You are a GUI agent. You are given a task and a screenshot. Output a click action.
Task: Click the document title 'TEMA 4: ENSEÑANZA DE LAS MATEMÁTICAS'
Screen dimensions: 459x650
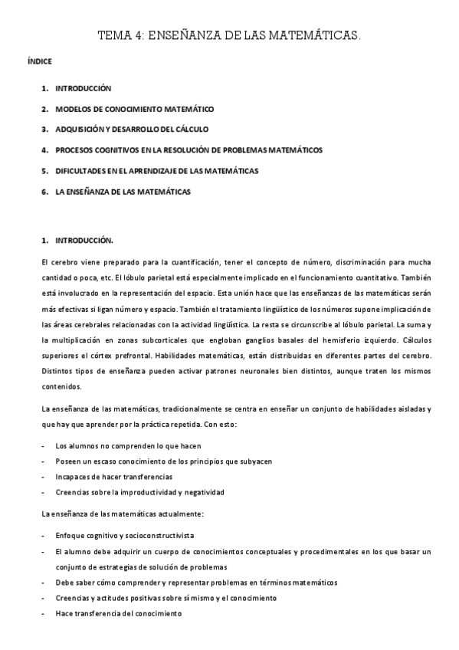[229, 35]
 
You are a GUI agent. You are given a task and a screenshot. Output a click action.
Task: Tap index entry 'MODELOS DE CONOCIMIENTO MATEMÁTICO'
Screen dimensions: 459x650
[134, 110]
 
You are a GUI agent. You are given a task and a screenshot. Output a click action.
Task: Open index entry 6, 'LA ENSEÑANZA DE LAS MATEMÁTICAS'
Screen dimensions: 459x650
[123, 192]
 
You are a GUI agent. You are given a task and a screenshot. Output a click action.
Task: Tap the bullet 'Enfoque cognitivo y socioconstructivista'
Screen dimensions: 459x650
[124, 535]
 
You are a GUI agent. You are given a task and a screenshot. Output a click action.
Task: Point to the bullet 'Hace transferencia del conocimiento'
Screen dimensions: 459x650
[118, 612]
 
